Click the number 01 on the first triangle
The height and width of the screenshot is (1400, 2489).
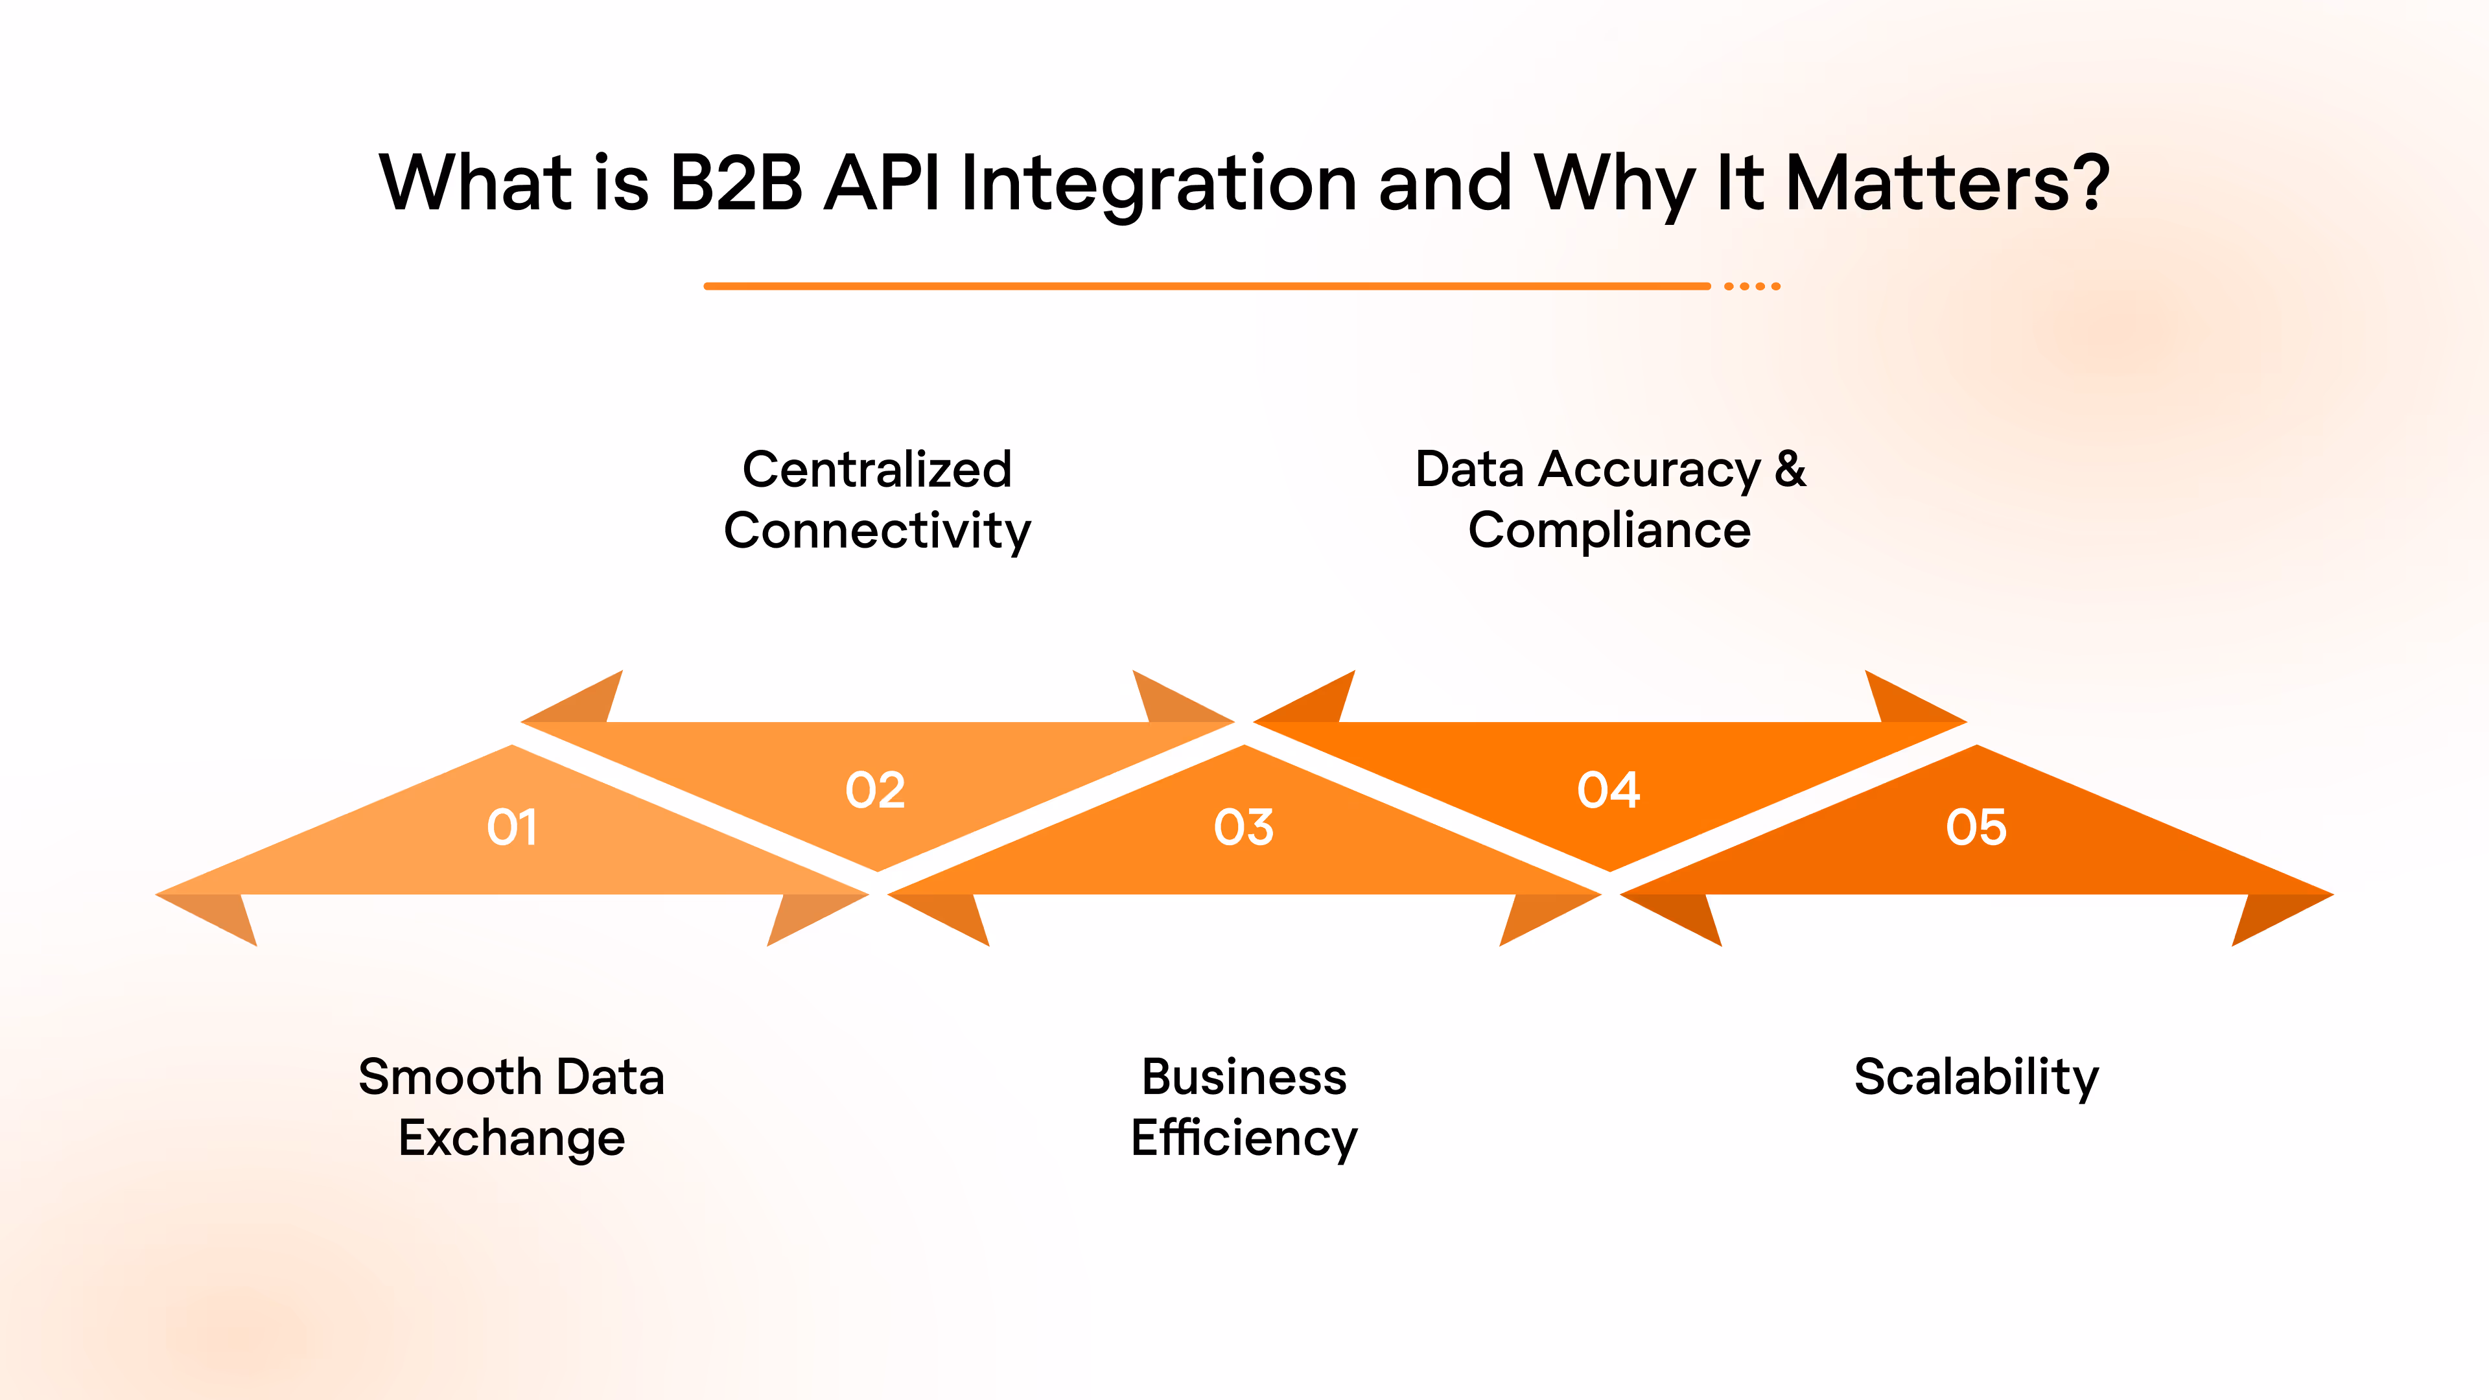point(511,827)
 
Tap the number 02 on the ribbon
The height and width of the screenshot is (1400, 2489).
point(876,790)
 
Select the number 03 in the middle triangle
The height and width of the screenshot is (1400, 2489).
point(1244,827)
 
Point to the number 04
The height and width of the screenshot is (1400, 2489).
point(1609,790)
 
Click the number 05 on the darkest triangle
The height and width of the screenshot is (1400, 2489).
point(1976,827)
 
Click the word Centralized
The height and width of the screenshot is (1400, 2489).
point(876,469)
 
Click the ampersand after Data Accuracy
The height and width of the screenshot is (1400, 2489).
point(1790,469)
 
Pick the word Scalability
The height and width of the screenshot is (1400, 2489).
point(1976,1077)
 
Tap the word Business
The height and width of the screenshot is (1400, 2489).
point(1244,1077)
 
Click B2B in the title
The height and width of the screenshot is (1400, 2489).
point(736,183)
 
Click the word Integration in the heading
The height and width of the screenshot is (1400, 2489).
point(1158,183)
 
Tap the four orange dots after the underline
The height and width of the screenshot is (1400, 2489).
point(1752,286)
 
